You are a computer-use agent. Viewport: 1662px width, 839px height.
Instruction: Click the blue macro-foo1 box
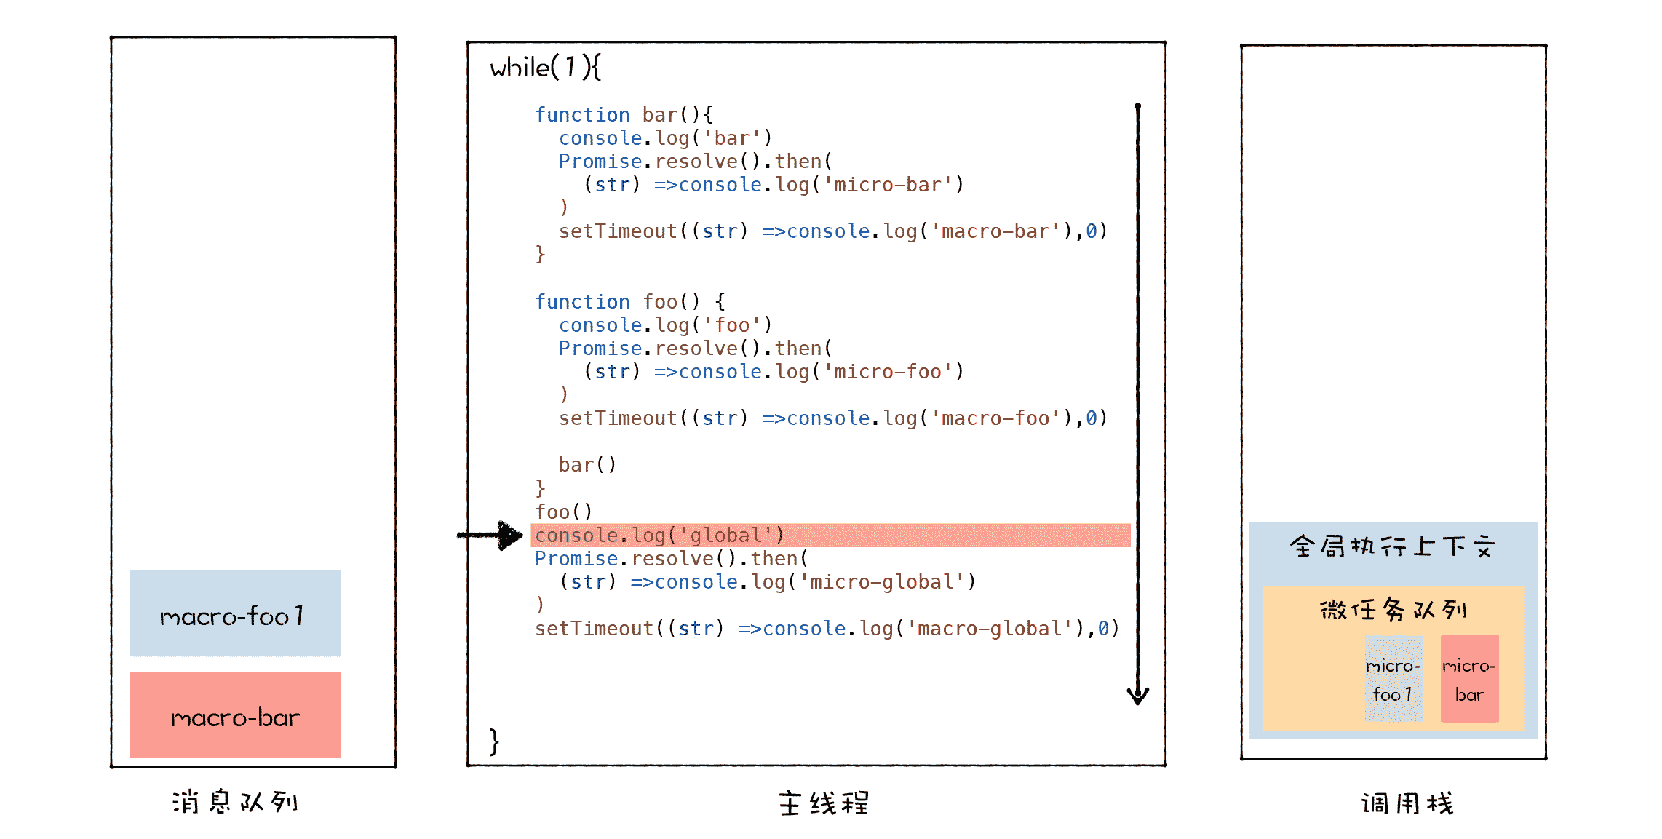[234, 613]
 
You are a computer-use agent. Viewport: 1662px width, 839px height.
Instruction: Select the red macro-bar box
[234, 715]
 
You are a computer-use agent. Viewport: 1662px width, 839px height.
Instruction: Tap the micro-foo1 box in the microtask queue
[1393, 679]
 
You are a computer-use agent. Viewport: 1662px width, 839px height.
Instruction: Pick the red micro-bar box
[1469, 679]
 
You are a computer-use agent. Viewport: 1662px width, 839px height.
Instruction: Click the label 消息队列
[235, 802]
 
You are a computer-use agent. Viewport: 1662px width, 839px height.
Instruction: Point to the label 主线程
[824, 803]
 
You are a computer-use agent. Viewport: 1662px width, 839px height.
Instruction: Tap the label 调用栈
[1407, 803]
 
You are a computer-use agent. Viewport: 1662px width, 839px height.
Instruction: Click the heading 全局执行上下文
[1393, 546]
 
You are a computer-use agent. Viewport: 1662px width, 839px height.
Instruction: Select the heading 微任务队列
[1393, 609]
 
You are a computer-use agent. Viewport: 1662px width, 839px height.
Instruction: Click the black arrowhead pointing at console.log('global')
[509, 536]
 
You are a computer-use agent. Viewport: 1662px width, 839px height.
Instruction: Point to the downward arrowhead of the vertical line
[1138, 696]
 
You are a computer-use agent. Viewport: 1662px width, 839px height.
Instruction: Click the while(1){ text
[545, 68]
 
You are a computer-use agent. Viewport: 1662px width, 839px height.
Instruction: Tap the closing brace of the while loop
[494, 741]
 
